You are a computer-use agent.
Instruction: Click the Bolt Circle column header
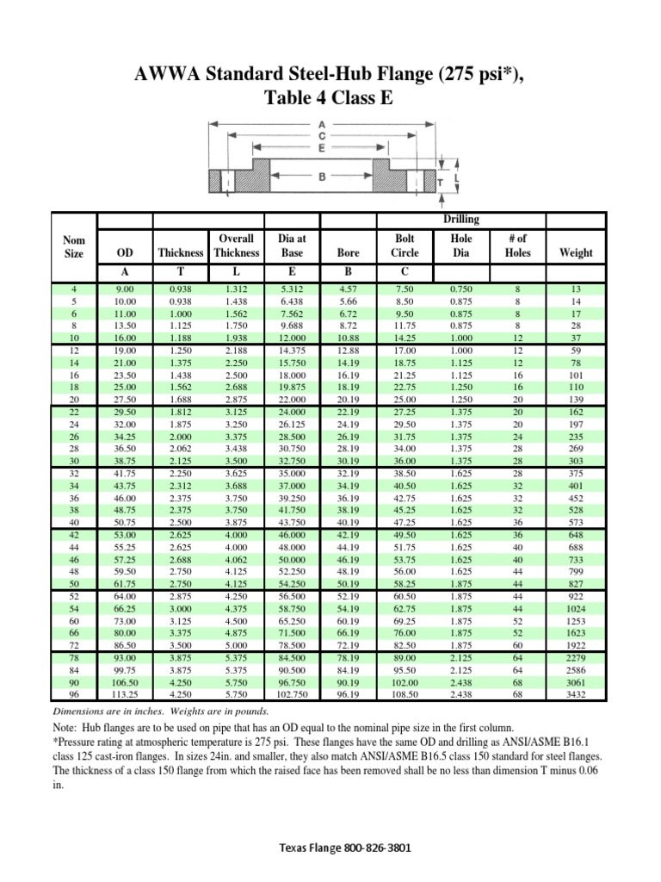coord(405,245)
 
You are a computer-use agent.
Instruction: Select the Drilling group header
coord(462,220)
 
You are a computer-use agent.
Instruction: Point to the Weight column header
coord(576,253)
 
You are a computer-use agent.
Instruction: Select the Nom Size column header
coord(75,245)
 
